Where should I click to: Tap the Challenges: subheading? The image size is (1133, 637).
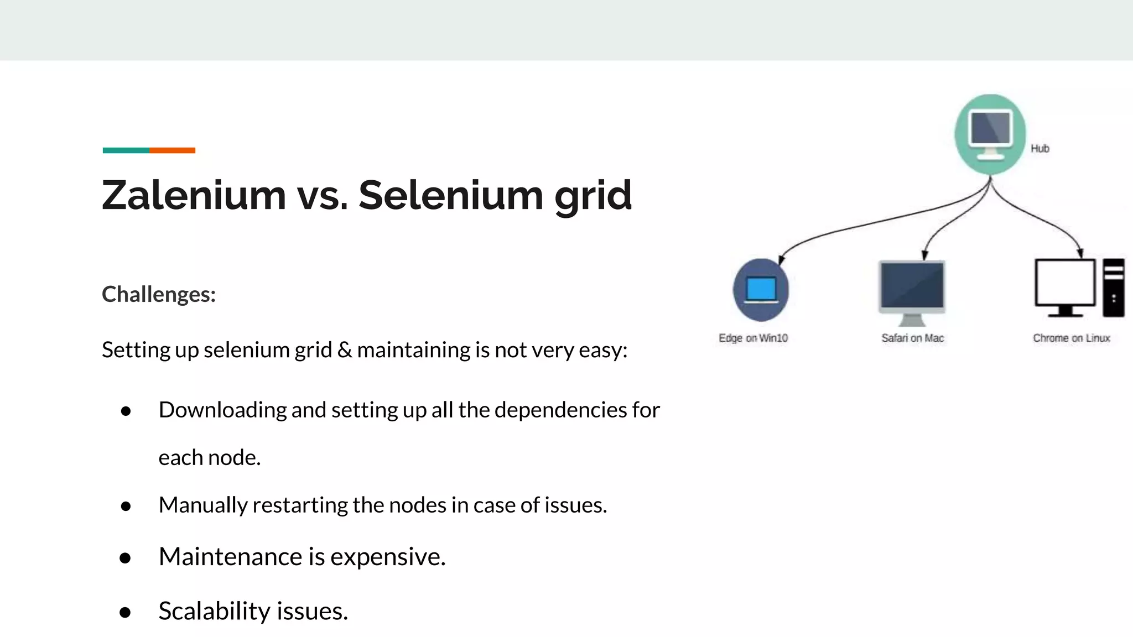(159, 294)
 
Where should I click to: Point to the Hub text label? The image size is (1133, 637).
(1040, 148)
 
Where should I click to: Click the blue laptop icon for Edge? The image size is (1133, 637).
(761, 290)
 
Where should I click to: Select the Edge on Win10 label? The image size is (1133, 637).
(753, 338)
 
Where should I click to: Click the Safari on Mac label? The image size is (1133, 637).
(912, 338)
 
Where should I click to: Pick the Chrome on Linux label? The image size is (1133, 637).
(1071, 338)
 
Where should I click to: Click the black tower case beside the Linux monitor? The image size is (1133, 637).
(1113, 288)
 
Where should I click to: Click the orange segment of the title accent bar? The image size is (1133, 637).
(172, 150)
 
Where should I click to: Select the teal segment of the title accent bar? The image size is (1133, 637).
(126, 150)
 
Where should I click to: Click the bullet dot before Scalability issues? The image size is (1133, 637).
(125, 612)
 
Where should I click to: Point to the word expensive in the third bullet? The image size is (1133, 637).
(387, 557)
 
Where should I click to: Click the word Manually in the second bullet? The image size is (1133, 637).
(203, 505)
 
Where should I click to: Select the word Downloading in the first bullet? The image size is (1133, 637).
(222, 410)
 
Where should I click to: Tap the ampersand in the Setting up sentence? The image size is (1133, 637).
(344, 350)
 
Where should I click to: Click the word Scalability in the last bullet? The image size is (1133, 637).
(214, 611)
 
